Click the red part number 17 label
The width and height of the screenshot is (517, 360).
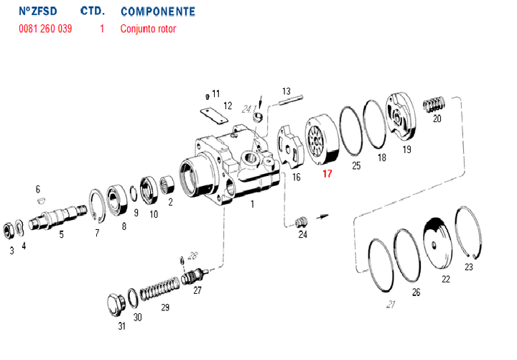tap(327, 173)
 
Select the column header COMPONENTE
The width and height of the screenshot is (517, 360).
tap(157, 12)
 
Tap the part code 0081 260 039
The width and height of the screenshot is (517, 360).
tap(45, 29)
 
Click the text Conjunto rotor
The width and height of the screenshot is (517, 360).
tap(148, 29)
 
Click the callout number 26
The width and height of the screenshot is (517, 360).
tap(416, 292)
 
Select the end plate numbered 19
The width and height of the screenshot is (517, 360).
tap(401, 119)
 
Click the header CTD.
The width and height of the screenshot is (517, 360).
tap(93, 12)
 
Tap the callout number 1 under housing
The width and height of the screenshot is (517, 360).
tap(252, 205)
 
